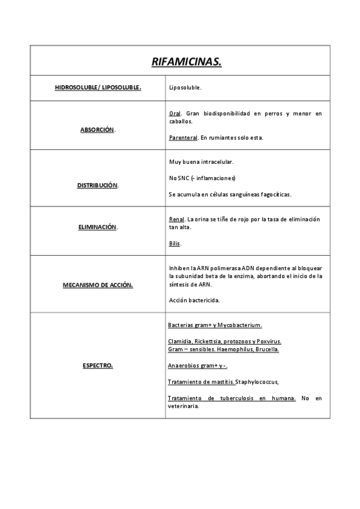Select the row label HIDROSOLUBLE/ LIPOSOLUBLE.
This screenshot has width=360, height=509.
point(98,88)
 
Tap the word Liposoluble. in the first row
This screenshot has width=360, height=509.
point(185,88)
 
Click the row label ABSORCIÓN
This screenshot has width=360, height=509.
point(97,129)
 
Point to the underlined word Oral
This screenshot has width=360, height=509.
point(175,113)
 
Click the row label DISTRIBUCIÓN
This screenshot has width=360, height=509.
point(97,185)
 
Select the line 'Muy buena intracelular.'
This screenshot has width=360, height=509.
point(201,162)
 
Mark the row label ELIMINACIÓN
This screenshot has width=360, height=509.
point(97,227)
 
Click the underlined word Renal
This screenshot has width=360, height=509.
point(176,219)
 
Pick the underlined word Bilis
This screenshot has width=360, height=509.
point(175,244)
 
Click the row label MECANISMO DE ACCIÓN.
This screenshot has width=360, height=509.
point(98,285)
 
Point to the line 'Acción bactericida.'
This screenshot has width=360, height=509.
point(194,300)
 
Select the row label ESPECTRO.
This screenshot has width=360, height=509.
point(98,365)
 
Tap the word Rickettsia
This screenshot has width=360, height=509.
point(209,341)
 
